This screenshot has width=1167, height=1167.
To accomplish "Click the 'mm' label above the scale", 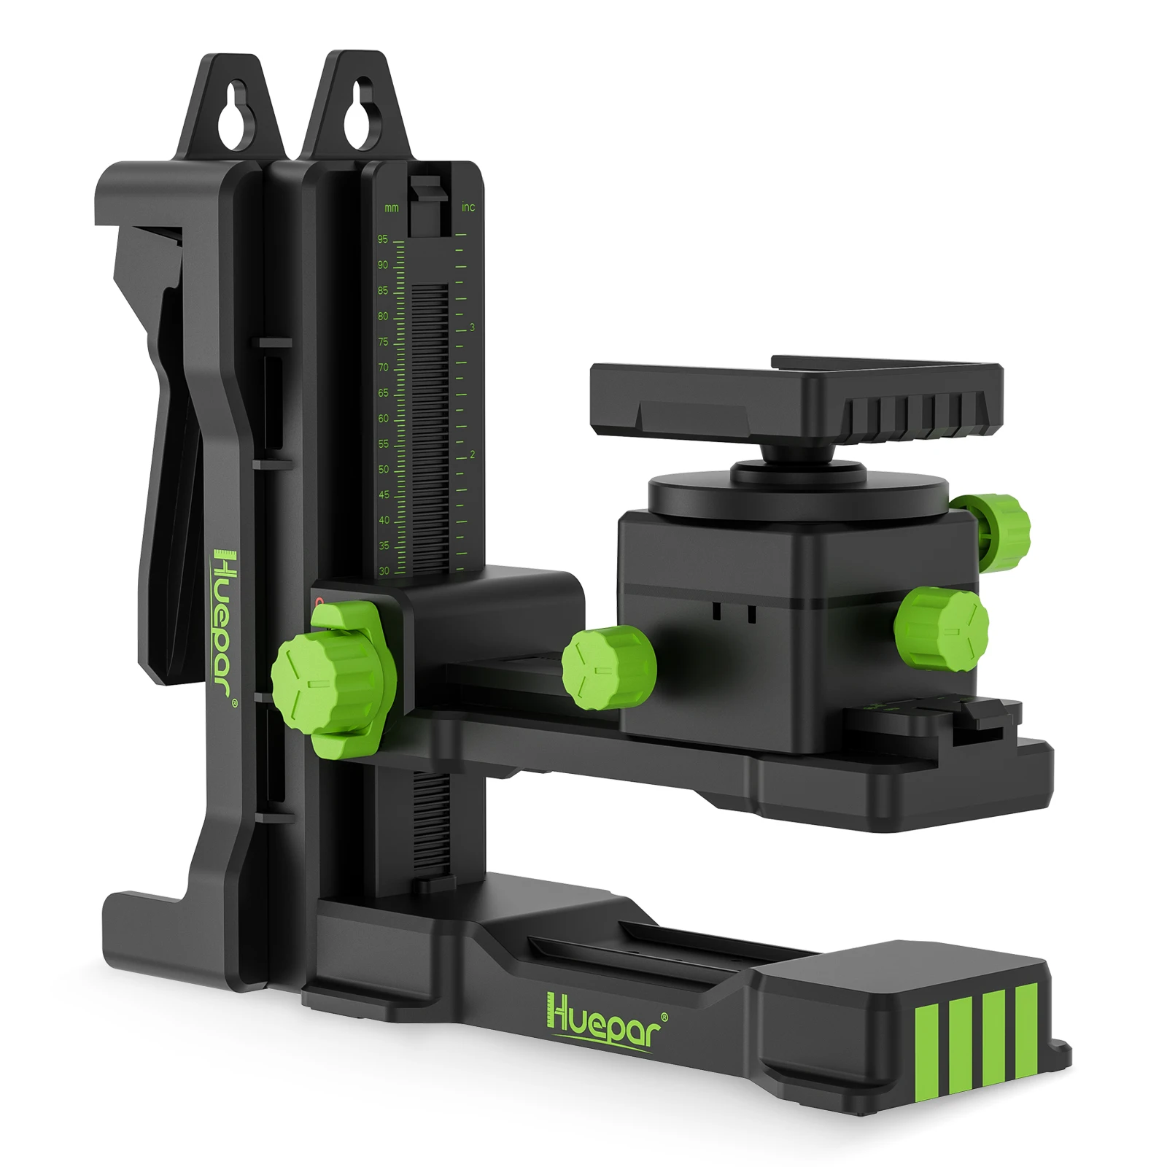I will point(392,209).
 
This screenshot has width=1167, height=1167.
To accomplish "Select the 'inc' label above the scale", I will point(468,207).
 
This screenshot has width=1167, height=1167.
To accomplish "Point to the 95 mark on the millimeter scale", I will point(383,239).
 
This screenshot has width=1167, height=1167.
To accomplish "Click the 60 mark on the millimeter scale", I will point(383,419).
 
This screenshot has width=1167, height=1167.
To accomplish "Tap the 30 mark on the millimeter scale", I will point(384,571).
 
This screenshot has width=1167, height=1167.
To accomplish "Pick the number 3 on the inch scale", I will point(472,327).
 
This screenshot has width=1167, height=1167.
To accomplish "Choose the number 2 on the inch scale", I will point(472,454).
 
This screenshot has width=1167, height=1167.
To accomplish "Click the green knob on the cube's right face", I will point(942,628).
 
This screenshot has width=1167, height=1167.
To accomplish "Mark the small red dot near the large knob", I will point(319,603).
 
